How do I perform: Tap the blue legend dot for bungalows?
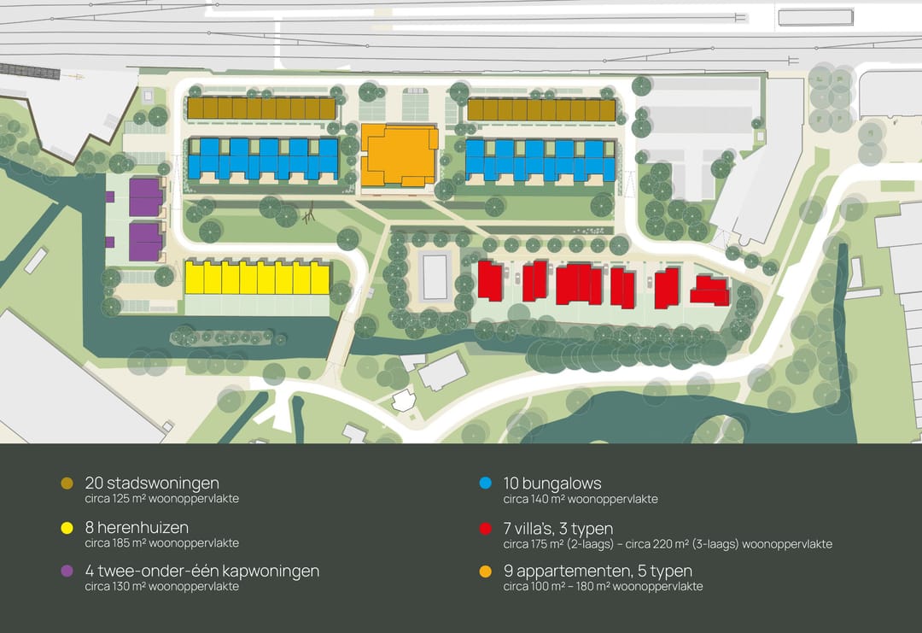485,484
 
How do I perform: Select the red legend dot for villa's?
485,529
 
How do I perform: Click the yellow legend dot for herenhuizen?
67,529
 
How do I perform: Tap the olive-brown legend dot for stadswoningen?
67,484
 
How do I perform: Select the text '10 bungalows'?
552,484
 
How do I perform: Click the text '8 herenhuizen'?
137,528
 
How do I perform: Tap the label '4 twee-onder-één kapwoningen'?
202,571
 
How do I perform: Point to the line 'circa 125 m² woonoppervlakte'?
161,499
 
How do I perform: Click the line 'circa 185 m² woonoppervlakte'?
161,543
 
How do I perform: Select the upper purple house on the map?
145,197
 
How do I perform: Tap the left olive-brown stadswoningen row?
261,108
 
